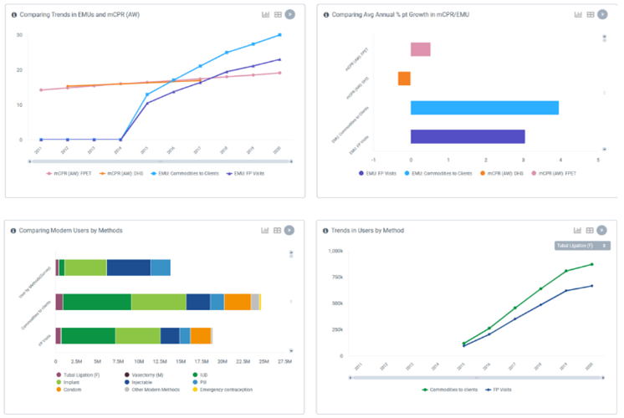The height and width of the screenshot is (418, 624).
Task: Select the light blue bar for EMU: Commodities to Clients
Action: pyautogui.click(x=484, y=108)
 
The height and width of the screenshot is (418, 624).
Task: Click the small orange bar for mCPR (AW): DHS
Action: pyautogui.click(x=404, y=79)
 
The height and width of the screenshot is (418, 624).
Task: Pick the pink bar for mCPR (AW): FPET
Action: pyautogui.click(x=420, y=49)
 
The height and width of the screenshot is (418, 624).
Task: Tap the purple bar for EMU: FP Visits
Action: pyautogui.click(x=468, y=136)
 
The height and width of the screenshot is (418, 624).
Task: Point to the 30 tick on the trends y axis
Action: pyautogui.click(x=19, y=34)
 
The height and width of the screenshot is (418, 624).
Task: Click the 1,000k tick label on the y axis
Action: pyautogui.click(x=336, y=251)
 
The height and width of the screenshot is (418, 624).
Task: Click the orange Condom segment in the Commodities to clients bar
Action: pyautogui.click(x=238, y=302)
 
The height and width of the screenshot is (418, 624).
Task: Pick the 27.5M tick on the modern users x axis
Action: pyautogui.click(x=284, y=361)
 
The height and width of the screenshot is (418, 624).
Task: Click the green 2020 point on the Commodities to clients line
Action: pyautogui.click(x=591, y=264)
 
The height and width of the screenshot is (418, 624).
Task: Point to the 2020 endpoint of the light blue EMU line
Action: pyautogui.click(x=279, y=34)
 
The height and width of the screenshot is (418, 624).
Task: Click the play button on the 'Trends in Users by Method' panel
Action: pyautogui.click(x=604, y=230)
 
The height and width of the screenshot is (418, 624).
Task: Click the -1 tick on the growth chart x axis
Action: pyautogui.click(x=374, y=160)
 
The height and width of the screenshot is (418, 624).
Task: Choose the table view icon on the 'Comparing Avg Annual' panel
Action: pyautogui.click(x=591, y=14)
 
